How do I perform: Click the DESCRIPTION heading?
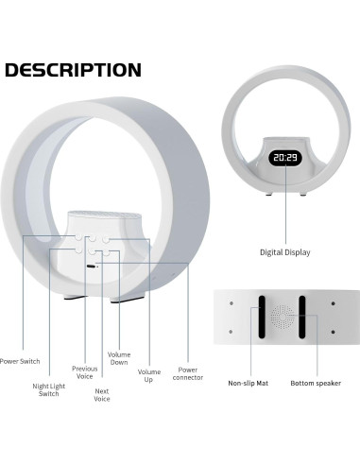73,71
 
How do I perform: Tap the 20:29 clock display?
284,158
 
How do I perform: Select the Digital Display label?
284,252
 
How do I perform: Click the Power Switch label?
19,361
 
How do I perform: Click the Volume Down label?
119,359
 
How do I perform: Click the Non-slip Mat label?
248,384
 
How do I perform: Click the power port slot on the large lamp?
90,268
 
